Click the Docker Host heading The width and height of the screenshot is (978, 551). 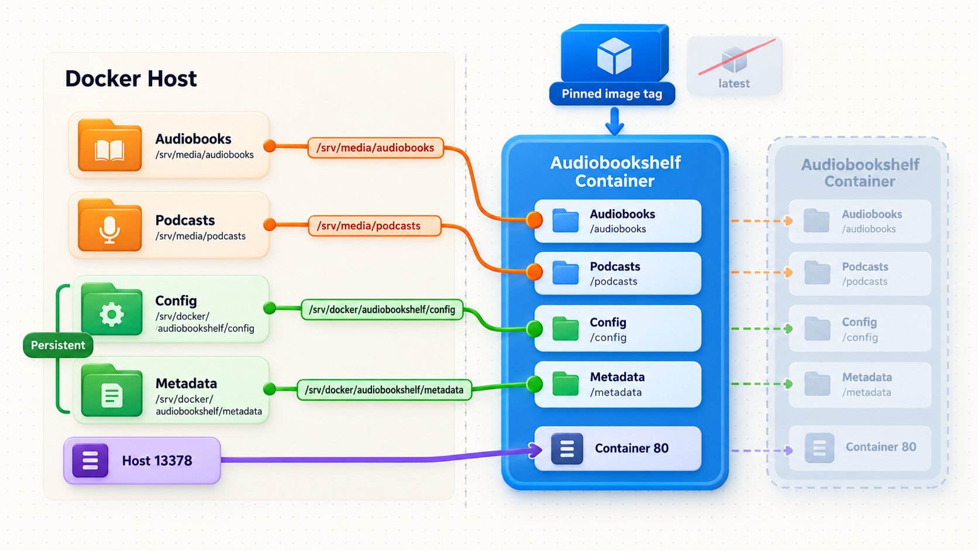point(131,78)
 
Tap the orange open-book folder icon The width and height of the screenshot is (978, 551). point(109,145)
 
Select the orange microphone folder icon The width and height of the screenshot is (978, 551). point(109,225)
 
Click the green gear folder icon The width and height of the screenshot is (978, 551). point(112,309)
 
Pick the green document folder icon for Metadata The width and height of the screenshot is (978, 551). point(112,390)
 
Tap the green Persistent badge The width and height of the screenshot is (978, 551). point(58,345)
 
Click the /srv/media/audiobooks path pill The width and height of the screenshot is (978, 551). point(376,148)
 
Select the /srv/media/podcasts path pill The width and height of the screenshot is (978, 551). point(374,226)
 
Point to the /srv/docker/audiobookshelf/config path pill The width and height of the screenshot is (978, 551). point(382,309)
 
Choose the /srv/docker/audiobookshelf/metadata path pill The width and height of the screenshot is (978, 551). point(384,390)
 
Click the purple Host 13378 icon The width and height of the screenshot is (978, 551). point(91,461)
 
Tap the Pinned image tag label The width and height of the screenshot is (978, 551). point(612,94)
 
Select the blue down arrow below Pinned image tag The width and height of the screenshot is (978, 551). point(615,121)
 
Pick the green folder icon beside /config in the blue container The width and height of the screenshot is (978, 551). point(566,328)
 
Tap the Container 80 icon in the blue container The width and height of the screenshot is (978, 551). point(567,449)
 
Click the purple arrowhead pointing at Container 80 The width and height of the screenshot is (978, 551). point(535,450)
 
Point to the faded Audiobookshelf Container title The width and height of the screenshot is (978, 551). point(860,173)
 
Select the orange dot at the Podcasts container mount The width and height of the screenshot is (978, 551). point(535,272)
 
